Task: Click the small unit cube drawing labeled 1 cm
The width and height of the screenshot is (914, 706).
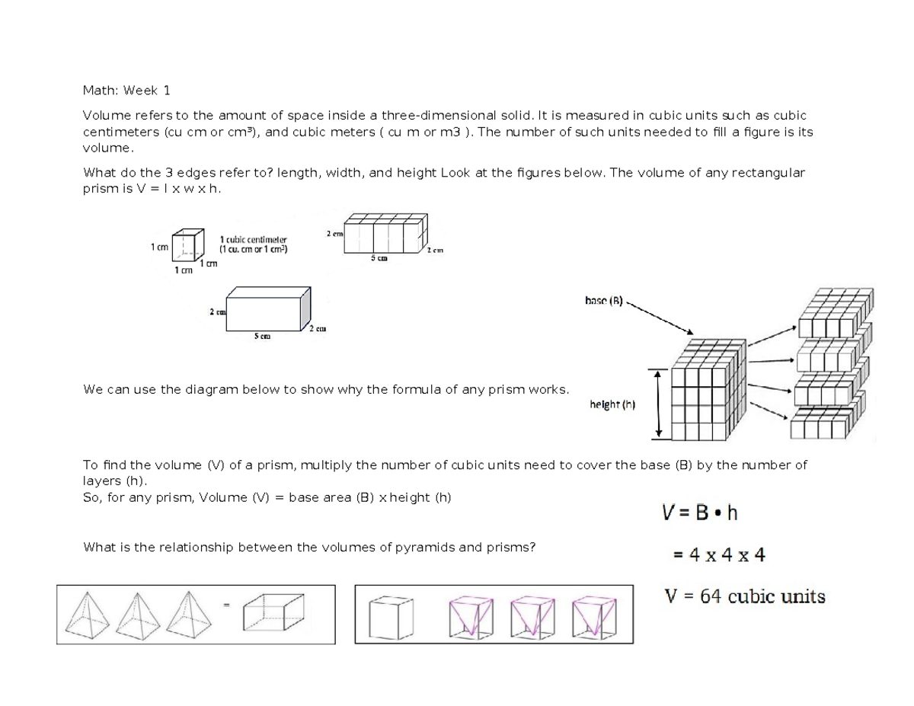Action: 188,244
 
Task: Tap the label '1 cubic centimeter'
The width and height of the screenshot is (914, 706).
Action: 253,239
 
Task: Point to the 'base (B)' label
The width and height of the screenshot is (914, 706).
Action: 603,301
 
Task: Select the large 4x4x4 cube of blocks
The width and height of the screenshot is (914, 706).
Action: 708,393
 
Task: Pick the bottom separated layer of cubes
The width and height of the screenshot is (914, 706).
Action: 829,423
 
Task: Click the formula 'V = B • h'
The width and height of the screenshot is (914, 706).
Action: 698,513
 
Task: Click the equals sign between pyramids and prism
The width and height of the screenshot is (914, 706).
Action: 226,605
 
